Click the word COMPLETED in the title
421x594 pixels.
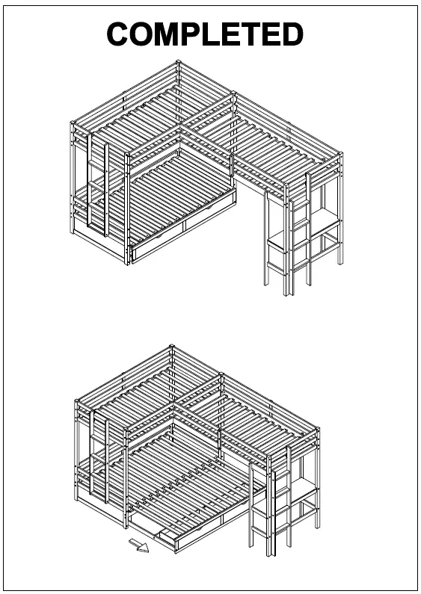pos(205,34)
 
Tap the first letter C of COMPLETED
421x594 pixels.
pos(121,34)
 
